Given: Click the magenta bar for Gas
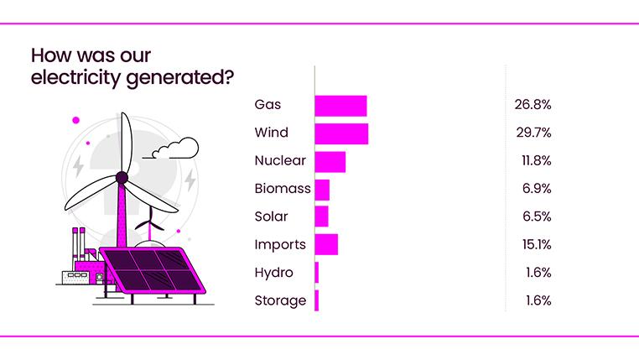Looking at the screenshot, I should point(340,106).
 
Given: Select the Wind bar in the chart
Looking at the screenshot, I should point(341,133).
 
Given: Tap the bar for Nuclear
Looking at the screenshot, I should point(330,161).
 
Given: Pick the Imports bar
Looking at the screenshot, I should point(326,244).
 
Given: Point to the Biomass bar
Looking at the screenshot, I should point(322,189).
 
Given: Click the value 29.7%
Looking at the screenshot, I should point(532,133).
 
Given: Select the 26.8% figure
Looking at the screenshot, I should point(532,105).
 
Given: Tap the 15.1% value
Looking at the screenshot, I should point(532,244).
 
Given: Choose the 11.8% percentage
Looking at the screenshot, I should point(532,160).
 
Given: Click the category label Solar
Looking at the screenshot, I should point(271,217).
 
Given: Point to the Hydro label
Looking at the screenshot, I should point(273,272).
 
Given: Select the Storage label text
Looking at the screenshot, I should point(280,300).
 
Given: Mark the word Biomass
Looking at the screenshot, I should point(283,189).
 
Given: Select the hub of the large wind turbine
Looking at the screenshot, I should point(122,177).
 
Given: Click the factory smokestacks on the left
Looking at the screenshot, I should point(79,243).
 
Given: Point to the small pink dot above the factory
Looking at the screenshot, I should point(75,120).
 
